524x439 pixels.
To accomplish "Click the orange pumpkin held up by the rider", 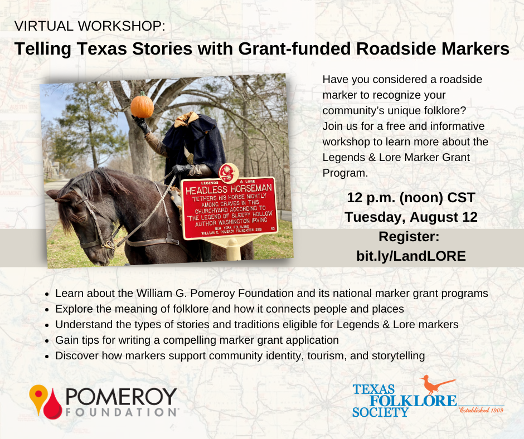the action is pyautogui.click(x=142, y=106).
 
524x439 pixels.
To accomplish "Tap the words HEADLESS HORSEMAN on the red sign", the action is pyautogui.click(x=229, y=189).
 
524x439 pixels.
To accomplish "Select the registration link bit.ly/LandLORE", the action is pyautogui.click(x=411, y=256).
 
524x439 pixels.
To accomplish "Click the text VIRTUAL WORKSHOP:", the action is pyautogui.click(x=90, y=26).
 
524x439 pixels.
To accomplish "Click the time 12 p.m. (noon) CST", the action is pyautogui.click(x=411, y=197).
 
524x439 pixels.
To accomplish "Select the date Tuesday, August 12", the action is pyautogui.click(x=411, y=217).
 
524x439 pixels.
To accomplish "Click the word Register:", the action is pyautogui.click(x=409, y=237).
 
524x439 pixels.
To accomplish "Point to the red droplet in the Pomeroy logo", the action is pyautogui.click(x=53, y=405).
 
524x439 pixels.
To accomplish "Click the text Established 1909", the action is pyautogui.click(x=481, y=410).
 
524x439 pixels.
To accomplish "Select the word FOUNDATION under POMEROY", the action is pyautogui.click(x=122, y=412).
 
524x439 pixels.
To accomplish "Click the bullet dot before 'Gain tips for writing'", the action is pyautogui.click(x=47, y=341).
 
